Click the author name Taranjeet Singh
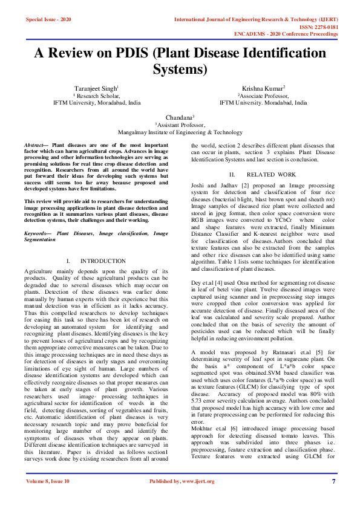coord(96,88)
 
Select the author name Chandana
coord(179,117)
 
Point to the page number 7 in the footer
coord(333,498)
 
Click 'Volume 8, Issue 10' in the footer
coord(48,498)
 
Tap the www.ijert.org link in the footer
coord(195,498)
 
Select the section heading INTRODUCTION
coord(103,261)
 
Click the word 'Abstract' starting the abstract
coord(34,146)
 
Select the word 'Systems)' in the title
coord(180,69)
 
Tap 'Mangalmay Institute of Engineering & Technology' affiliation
coord(180,132)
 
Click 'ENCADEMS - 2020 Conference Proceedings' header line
coord(294,34)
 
